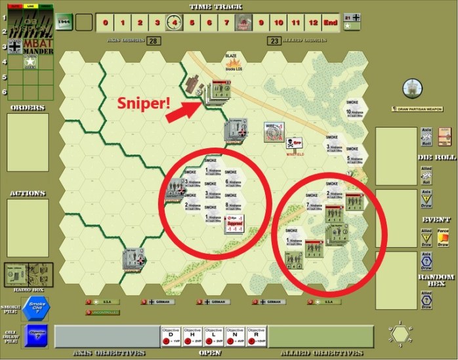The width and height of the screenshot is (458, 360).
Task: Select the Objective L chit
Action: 215,336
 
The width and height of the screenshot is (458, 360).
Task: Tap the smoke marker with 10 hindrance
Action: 354,113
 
